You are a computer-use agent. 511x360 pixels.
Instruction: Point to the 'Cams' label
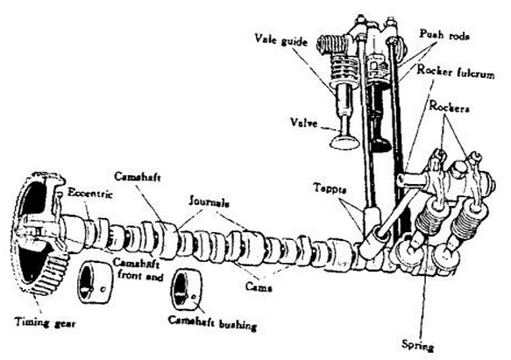point(255,285)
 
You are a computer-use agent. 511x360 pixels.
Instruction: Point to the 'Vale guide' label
point(282,39)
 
